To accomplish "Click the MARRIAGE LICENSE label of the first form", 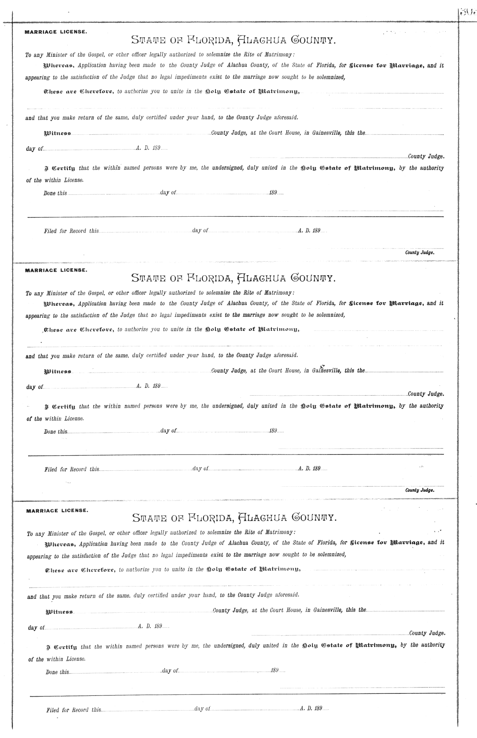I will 55,32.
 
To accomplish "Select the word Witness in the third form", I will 59,611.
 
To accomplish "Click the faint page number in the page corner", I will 467,12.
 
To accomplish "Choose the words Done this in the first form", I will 55,193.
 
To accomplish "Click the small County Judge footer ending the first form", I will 419,252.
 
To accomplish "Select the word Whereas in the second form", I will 59,303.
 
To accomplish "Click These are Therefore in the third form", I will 80,569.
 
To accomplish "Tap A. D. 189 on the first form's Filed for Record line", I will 309,231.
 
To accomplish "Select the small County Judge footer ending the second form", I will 419,490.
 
